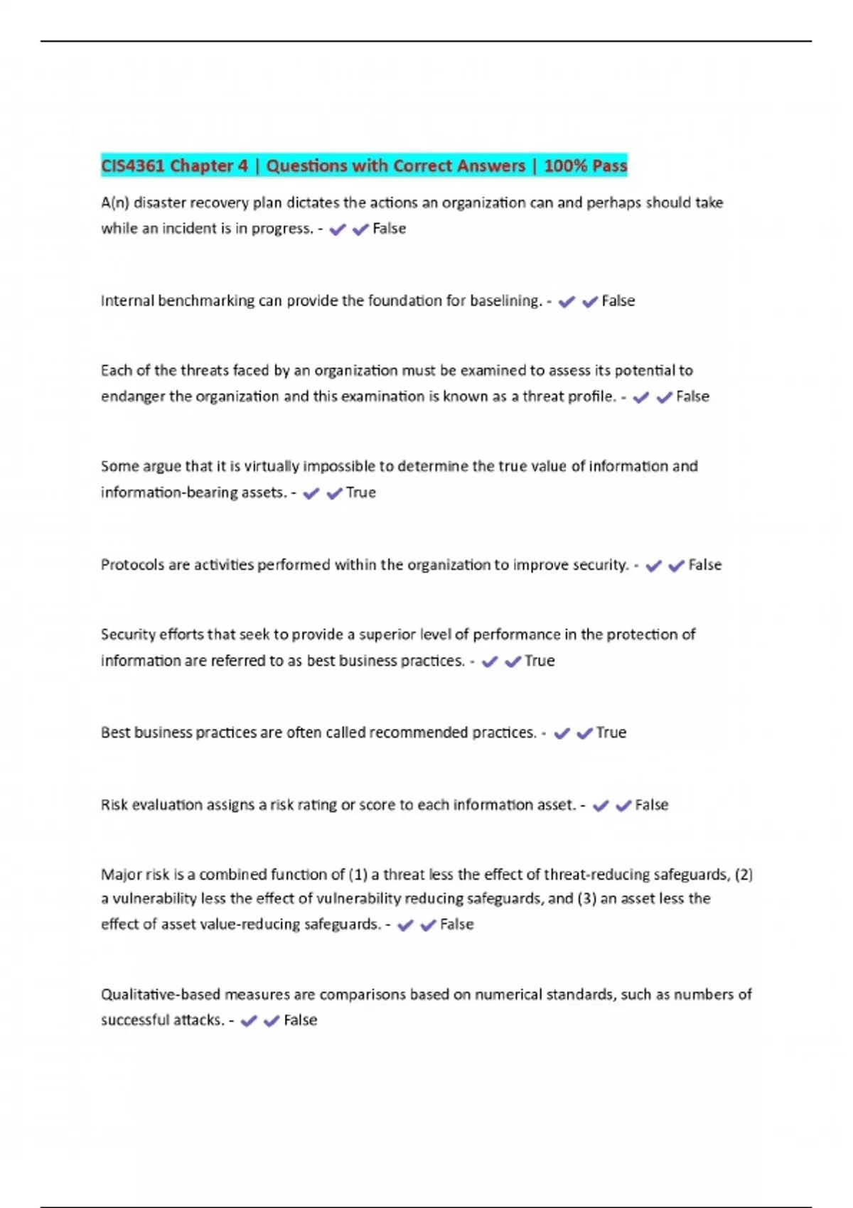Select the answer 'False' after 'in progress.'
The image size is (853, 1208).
[x=390, y=229]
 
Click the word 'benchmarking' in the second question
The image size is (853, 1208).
[x=206, y=301]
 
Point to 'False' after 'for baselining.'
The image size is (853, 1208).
[x=618, y=301]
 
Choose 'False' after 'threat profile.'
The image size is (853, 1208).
[x=692, y=397]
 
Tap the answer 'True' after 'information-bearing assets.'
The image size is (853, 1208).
[x=360, y=492]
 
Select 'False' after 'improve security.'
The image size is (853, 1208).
[x=704, y=565]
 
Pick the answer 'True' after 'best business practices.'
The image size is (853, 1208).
[x=540, y=661]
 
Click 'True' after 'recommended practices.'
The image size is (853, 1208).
[x=611, y=733]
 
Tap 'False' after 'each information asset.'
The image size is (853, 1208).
[x=651, y=805]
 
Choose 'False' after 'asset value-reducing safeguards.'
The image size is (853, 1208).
[x=456, y=924]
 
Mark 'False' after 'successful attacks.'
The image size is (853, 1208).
[x=300, y=1020]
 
